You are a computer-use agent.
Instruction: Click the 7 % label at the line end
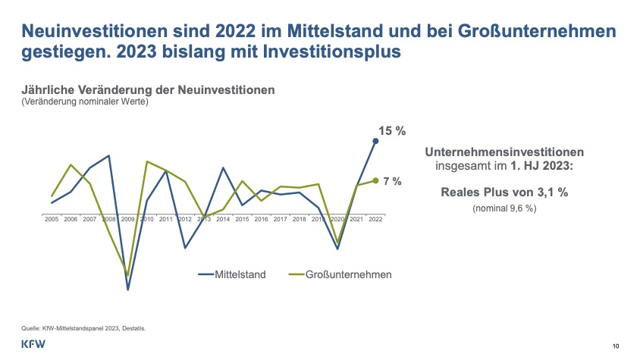click(x=392, y=181)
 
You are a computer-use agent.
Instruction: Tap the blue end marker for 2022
click(x=375, y=141)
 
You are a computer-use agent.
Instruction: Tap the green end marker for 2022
click(x=375, y=180)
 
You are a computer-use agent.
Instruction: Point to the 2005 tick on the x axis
click(x=52, y=218)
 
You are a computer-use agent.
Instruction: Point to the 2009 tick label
click(x=128, y=218)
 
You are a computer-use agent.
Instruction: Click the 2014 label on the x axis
click(x=223, y=218)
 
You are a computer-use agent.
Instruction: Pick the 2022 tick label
click(x=375, y=218)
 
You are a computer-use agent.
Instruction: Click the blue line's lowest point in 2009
click(x=128, y=290)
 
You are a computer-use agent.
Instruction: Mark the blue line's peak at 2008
click(x=109, y=155)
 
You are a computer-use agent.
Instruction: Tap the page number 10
click(x=616, y=346)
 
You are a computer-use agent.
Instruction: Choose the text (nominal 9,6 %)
click(x=504, y=208)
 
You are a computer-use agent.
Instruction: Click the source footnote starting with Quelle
click(x=83, y=328)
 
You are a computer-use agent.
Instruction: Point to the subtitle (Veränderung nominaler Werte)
click(x=84, y=101)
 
